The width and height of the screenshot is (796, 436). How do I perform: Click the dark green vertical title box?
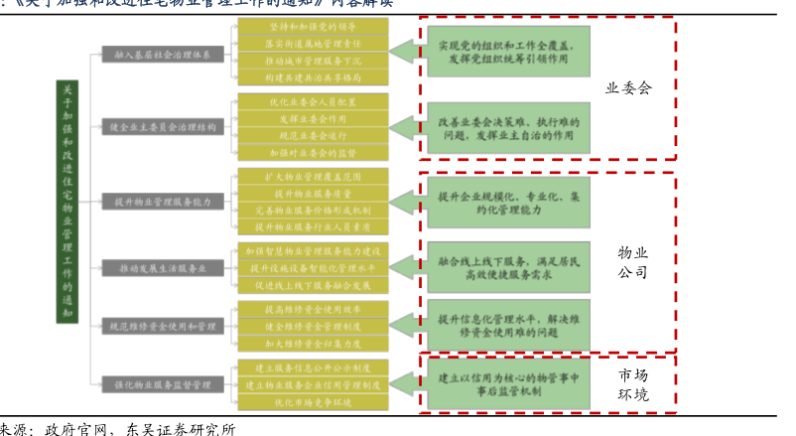tap(66, 203)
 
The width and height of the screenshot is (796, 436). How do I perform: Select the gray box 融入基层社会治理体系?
tap(162, 55)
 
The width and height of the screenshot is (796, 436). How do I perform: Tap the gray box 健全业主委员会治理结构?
tap(162, 127)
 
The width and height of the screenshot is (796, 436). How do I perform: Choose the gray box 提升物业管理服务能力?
tap(162, 202)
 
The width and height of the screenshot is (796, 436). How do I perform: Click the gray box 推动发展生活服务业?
tap(162, 267)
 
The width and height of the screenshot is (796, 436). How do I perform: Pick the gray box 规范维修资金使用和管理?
tap(162, 325)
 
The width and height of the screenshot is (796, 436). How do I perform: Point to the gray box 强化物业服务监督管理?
tap(162, 383)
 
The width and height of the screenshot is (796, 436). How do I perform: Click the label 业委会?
tap(628, 88)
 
